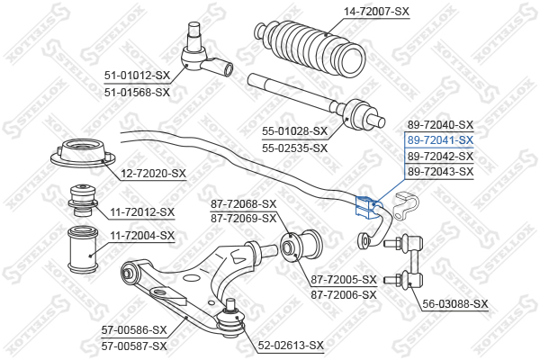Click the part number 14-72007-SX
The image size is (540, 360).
coord(376,12)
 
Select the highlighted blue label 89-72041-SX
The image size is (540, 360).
coord(440,140)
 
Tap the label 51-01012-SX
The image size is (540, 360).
coord(137,76)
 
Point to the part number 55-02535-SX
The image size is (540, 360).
coord(294,148)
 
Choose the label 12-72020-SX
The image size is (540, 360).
coord(153,174)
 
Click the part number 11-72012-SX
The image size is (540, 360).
coord(142,211)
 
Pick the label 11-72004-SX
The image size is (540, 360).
coord(142,236)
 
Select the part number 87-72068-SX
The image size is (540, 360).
coord(244,204)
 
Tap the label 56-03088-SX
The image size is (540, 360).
coord(455,304)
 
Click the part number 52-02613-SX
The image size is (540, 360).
coord(291,345)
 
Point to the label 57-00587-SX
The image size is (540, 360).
coord(134,346)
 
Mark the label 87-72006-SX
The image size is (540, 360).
coord(344,295)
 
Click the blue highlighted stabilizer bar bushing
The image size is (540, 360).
coord(367,207)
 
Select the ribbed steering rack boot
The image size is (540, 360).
coord(310,46)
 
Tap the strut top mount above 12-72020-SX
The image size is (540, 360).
coord(83,153)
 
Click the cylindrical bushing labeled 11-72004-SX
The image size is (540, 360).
coord(83,248)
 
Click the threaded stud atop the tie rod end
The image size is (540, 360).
coord(193,35)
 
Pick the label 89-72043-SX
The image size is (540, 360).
coord(440,171)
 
